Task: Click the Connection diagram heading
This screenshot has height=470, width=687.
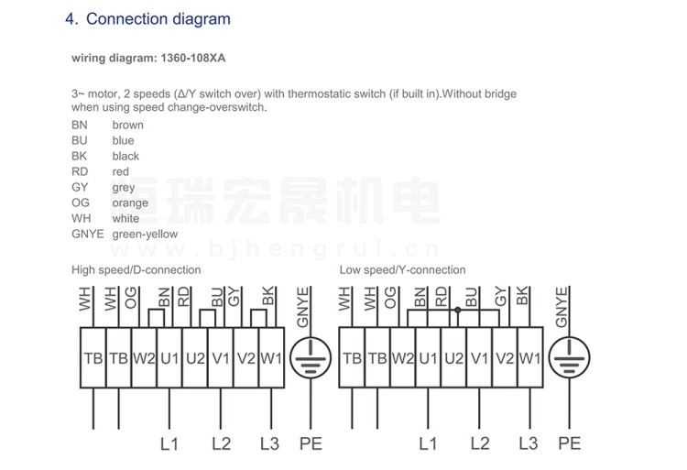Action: pyautogui.click(x=158, y=19)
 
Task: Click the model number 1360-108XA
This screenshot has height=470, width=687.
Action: pyautogui.click(x=192, y=58)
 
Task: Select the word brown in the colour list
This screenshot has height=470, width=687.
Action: pyautogui.click(x=128, y=125)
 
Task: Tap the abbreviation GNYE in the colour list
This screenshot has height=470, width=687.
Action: pyautogui.click(x=88, y=234)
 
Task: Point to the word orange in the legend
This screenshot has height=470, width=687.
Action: pyautogui.click(x=130, y=203)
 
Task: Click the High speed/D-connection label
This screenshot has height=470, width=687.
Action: pyautogui.click(x=136, y=270)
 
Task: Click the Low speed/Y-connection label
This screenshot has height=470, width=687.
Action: pyautogui.click(x=403, y=270)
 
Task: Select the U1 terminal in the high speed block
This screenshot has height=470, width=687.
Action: pyautogui.click(x=169, y=358)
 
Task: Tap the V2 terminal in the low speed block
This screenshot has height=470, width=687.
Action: pyautogui.click(x=505, y=358)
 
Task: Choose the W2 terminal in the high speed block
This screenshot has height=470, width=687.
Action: pyautogui.click(x=144, y=358)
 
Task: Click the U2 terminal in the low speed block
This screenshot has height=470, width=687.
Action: pyautogui.click(x=454, y=358)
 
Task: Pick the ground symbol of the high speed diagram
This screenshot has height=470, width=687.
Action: pyautogui.click(x=311, y=358)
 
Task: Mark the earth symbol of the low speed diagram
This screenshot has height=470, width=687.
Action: pyautogui.click(x=570, y=358)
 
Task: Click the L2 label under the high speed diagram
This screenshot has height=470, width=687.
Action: pyautogui.click(x=222, y=443)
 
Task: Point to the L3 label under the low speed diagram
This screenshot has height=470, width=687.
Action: pyautogui.click(x=529, y=443)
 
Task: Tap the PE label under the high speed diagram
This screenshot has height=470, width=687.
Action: pyautogui.click(x=311, y=443)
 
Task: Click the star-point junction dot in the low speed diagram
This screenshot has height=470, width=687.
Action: pyautogui.click(x=458, y=310)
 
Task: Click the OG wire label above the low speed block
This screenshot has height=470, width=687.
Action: pyautogui.click(x=390, y=298)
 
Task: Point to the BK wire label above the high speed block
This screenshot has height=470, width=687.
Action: pyautogui.click(x=267, y=296)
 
